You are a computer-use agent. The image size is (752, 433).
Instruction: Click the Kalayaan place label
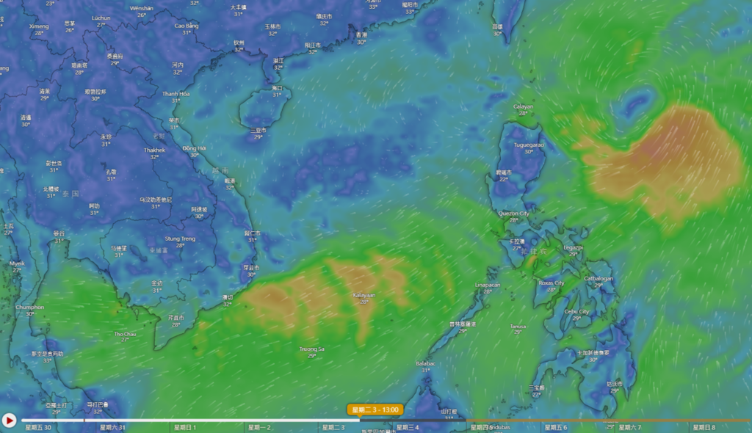tap(364, 295)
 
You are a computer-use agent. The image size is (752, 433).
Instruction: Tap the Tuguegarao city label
tap(529, 145)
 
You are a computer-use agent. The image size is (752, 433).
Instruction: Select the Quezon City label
tap(514, 213)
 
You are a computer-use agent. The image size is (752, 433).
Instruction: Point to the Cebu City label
tap(576, 311)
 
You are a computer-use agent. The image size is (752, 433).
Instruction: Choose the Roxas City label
tap(551, 283)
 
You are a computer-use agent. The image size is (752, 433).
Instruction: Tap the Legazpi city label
tap(574, 247)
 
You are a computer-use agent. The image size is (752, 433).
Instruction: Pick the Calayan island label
tap(523, 106)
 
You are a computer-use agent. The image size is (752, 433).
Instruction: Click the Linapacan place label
tap(488, 285)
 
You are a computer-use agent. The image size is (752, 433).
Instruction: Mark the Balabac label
tap(425, 363)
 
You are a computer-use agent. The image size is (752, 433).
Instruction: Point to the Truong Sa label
tap(312, 349)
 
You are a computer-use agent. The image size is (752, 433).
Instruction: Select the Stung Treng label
tap(180, 239)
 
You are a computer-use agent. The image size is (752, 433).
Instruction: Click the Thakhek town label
tap(154, 150)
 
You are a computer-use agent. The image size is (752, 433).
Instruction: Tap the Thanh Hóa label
tap(176, 94)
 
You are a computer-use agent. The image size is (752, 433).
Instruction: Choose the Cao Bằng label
tap(187, 26)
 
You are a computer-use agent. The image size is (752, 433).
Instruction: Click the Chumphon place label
tap(30, 308)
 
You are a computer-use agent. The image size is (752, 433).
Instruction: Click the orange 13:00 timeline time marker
tap(375, 410)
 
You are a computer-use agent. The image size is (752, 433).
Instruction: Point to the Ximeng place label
tap(39, 26)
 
